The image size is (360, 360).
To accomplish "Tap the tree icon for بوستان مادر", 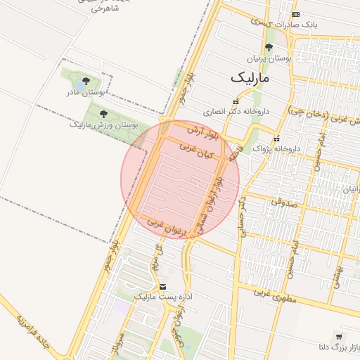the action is [86, 82].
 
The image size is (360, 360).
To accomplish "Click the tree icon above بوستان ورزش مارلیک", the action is [103, 114].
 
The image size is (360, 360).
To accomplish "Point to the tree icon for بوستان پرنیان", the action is [269, 48].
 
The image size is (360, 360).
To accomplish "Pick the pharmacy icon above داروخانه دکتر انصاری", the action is [235, 101].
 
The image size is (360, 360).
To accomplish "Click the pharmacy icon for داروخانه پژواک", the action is [276, 139].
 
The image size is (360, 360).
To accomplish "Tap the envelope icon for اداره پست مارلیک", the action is [163, 287].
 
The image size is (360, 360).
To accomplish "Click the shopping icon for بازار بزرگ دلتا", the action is [340, 337].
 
